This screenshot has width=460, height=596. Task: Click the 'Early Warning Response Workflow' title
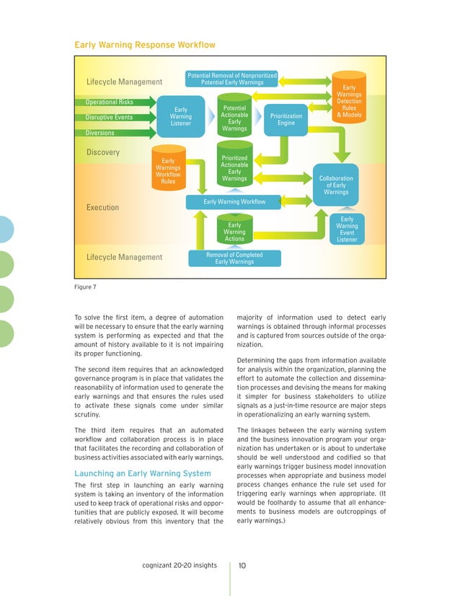click(x=145, y=45)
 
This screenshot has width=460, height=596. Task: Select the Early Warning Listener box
click(x=180, y=117)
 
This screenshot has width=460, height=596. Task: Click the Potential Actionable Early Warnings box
click(x=234, y=118)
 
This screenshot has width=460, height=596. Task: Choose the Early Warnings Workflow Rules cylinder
click(x=168, y=171)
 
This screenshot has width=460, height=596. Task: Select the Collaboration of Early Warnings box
click(x=336, y=184)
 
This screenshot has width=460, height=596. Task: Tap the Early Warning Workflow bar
click(x=234, y=201)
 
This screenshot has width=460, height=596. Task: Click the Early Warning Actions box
click(x=234, y=232)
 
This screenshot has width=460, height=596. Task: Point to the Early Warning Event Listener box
click(x=347, y=229)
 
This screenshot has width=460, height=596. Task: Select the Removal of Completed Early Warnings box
click(x=234, y=258)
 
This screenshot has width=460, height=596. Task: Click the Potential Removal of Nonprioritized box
click(x=232, y=79)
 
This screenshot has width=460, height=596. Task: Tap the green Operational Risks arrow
click(x=115, y=102)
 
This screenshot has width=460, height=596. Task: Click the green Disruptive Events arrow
click(x=115, y=118)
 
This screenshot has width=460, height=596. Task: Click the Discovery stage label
click(x=104, y=153)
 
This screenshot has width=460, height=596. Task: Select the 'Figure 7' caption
click(x=87, y=286)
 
